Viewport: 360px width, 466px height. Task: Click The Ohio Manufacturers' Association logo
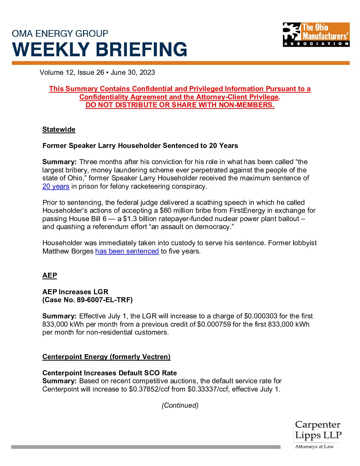(316, 34)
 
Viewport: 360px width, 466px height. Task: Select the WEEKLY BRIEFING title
(100, 50)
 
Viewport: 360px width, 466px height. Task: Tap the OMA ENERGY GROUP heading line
(60, 33)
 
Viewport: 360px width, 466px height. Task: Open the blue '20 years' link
(56, 186)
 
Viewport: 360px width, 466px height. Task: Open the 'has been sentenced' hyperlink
(127, 251)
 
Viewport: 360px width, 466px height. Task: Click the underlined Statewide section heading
(59, 129)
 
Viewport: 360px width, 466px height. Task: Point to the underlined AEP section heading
(50, 276)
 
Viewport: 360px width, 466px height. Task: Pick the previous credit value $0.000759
(214, 324)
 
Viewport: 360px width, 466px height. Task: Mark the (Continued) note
(180, 405)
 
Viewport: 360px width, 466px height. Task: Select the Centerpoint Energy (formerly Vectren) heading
(106, 357)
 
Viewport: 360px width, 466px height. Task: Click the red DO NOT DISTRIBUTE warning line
(180, 105)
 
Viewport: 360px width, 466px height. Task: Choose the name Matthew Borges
(68, 251)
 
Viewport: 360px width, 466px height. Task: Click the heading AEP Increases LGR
(75, 292)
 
